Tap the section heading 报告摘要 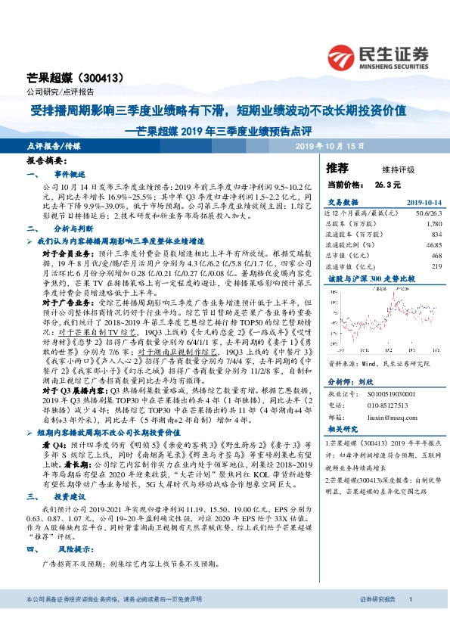[x=47, y=162]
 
